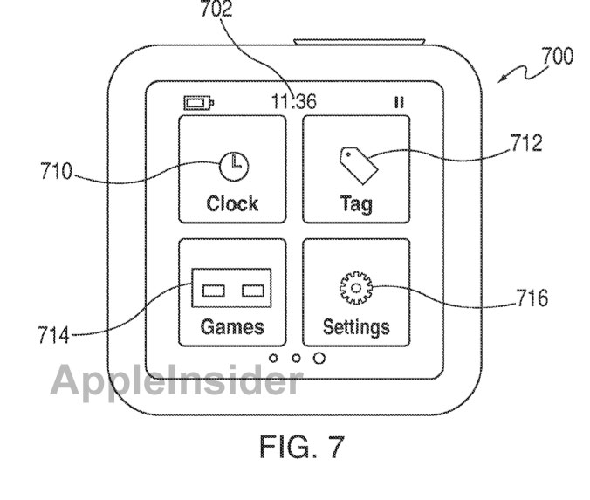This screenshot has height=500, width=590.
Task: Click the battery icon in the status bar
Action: click(199, 103)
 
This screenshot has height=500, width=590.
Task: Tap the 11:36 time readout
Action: click(294, 101)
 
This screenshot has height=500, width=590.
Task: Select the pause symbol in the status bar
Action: click(399, 102)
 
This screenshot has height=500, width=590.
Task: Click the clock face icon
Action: click(234, 166)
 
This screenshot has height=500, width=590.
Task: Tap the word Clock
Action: click(232, 203)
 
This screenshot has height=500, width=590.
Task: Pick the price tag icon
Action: click(359, 166)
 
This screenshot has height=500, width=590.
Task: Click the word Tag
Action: click(356, 204)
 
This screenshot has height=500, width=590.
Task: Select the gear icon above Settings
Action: click(356, 288)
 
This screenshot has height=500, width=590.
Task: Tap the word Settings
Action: click(356, 327)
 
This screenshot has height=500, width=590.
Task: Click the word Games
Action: click(232, 326)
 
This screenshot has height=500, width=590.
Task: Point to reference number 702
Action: click(216, 9)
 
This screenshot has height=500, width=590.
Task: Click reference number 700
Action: click(558, 56)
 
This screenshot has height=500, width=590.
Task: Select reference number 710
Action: click(56, 171)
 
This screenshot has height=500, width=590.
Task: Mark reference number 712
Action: click(526, 143)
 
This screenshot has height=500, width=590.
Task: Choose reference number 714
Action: click(53, 335)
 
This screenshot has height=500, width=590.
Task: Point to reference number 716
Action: click(532, 298)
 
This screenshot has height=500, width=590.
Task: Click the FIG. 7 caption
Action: click(302, 447)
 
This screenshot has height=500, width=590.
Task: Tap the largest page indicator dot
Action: click(319, 358)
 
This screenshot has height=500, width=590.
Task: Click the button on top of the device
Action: click(360, 42)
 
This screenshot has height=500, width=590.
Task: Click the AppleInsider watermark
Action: click(176, 380)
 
